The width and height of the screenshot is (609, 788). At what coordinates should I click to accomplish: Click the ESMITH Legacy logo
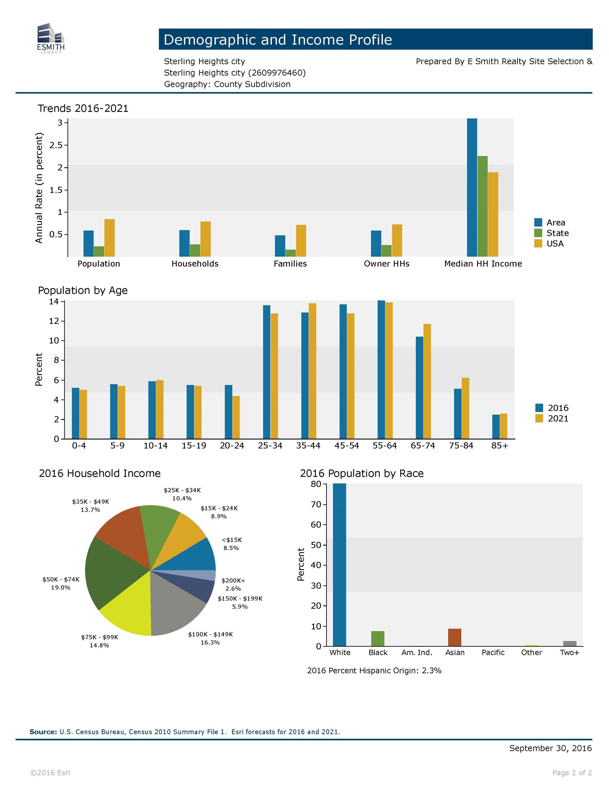coord(51,38)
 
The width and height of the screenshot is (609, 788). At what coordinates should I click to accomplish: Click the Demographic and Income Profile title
coord(277,40)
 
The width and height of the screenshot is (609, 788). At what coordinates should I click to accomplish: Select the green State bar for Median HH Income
coord(482,206)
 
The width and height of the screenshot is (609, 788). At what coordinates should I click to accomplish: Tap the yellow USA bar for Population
coord(109,238)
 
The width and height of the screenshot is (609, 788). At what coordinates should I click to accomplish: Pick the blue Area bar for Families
coord(280,246)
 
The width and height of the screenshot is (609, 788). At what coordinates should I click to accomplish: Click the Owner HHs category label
coord(386,264)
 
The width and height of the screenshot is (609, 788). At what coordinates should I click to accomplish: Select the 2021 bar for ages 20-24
coord(236,417)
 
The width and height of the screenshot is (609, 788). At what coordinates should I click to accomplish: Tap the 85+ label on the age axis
coord(500,446)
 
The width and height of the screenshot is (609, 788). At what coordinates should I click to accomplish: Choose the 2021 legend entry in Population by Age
coord(552,419)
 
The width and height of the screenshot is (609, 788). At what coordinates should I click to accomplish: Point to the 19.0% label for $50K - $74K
coord(61,588)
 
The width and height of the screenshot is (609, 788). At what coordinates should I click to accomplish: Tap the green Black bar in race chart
coord(377,639)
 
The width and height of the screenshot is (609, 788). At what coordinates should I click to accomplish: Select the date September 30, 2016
coord(550,748)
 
